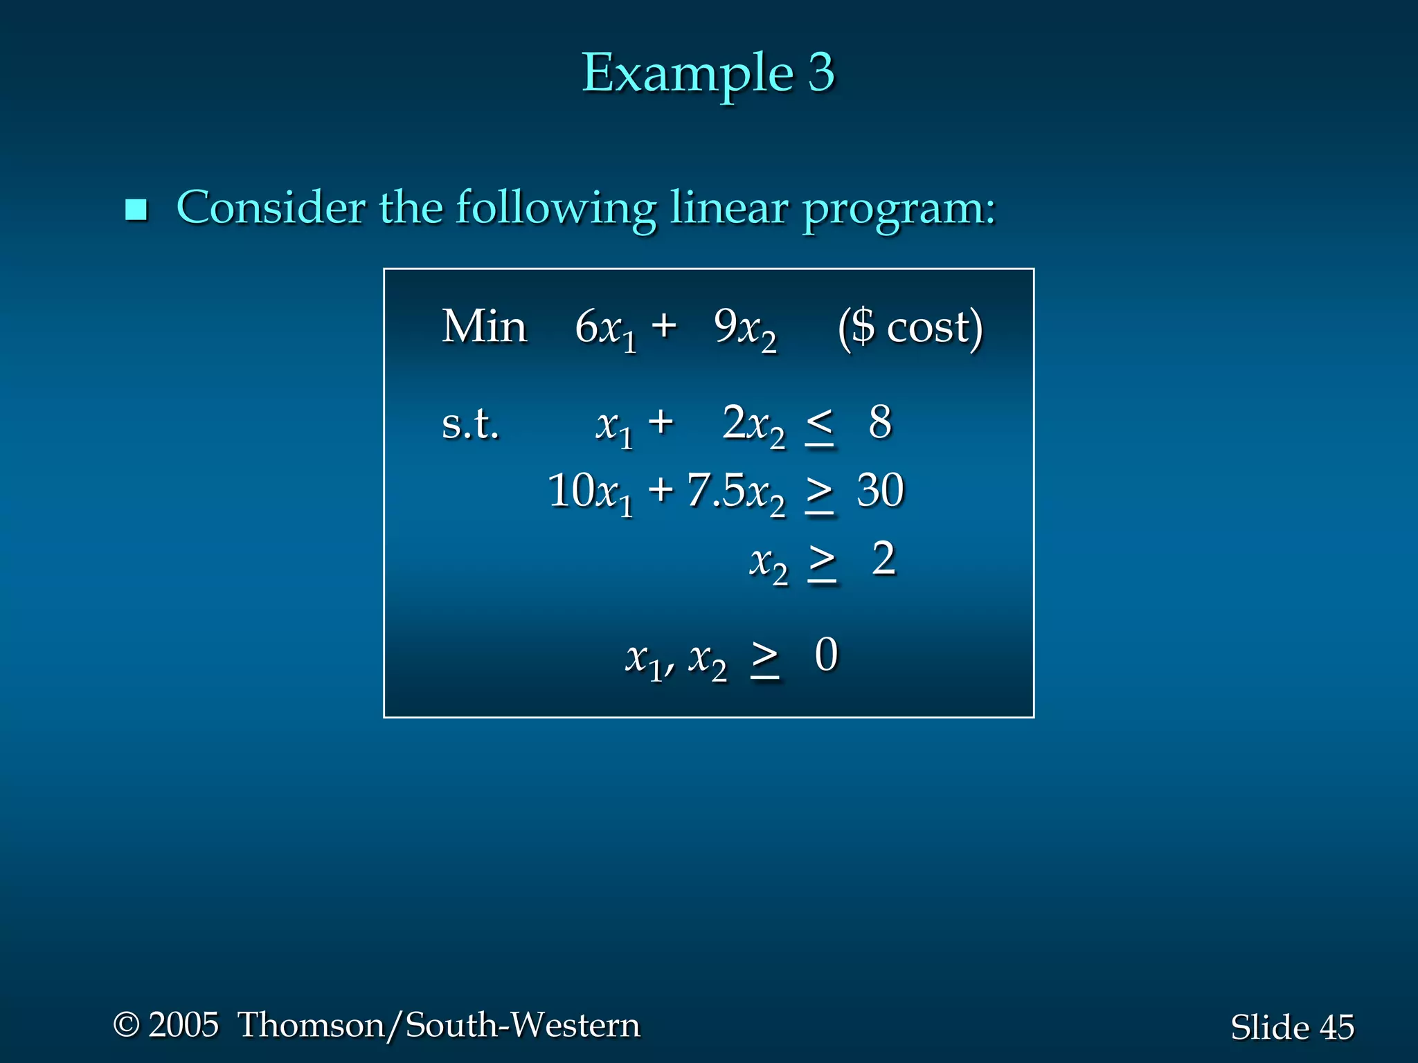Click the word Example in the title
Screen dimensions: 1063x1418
(687, 73)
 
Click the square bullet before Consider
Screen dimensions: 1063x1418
(136, 210)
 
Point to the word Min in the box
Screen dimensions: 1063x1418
(484, 327)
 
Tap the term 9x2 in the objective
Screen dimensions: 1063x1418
(745, 329)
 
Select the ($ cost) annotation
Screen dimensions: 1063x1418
(910, 328)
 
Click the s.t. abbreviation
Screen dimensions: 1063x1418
(470, 424)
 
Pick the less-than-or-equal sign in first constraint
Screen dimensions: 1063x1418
(819, 425)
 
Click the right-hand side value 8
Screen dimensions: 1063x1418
(880, 422)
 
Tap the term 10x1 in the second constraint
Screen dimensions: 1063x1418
(590, 493)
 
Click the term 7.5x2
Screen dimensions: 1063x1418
(735, 493)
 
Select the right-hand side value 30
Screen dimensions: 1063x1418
(880, 491)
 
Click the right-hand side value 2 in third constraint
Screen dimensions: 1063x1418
(883, 558)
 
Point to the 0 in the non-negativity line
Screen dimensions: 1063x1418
(826, 655)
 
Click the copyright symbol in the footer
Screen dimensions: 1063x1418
(126, 1025)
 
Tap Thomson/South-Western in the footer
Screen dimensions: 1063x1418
(439, 1025)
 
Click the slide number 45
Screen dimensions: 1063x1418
(1336, 1027)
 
